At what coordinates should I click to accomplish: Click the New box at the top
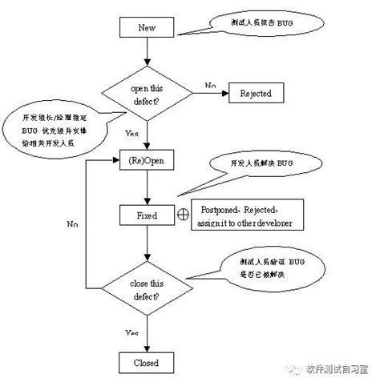click(148, 27)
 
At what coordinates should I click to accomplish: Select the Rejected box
click(256, 94)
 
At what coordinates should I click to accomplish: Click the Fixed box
click(148, 215)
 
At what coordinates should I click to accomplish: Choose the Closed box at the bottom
click(148, 363)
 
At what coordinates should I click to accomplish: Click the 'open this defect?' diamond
click(148, 94)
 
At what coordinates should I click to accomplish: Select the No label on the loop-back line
click(71, 225)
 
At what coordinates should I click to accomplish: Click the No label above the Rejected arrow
click(209, 84)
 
